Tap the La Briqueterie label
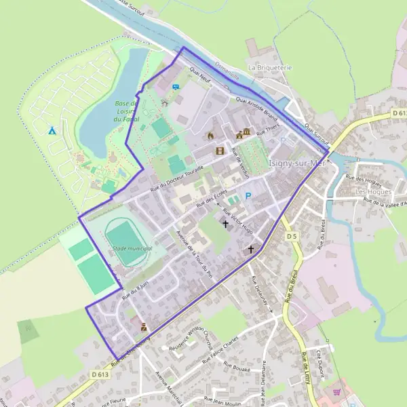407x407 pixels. [x=269, y=68]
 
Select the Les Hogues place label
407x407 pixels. [x=372, y=191]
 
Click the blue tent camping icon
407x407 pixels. [x=52, y=130]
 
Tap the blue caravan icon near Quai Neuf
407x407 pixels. [x=176, y=87]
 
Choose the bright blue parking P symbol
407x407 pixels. [x=248, y=196]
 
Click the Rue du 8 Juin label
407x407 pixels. [x=134, y=290]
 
